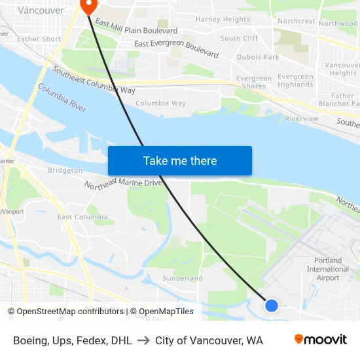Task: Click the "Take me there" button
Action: coord(180,161)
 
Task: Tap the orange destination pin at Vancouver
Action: coord(87,6)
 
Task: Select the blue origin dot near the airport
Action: coord(271,305)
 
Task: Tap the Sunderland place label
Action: coord(183,278)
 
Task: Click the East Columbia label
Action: coord(82,217)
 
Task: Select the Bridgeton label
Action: coord(65,170)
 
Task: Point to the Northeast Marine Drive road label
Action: coord(123,183)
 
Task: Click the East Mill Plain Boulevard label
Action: coord(136,27)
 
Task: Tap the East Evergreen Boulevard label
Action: coord(176,48)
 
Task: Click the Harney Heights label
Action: coord(223,20)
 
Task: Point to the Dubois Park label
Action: coord(258,58)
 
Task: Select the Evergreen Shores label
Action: coord(253,82)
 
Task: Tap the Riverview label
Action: coord(302,118)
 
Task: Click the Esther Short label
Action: coord(39,39)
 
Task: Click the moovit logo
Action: coord(321,340)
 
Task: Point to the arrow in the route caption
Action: coord(143,340)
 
